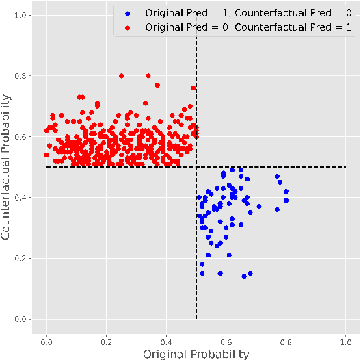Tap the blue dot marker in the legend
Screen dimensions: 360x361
click(127, 13)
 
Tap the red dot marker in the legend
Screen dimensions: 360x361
click(127, 27)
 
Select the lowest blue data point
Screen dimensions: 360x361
click(244, 277)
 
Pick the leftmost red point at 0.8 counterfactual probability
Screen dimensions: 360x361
click(121, 76)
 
